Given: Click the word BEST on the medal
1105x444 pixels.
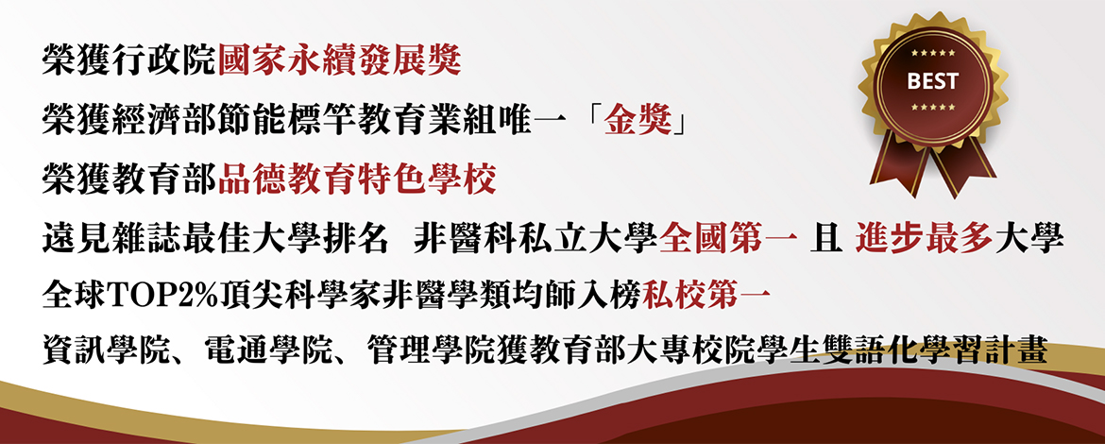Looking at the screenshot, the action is pyautogui.click(x=932, y=81).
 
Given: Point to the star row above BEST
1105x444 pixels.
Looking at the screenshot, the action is pyautogui.click(x=932, y=53).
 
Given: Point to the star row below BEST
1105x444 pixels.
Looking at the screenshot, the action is pyautogui.click(x=932, y=107).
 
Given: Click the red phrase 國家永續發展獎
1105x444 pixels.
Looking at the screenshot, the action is pyautogui.click(x=340, y=62).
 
